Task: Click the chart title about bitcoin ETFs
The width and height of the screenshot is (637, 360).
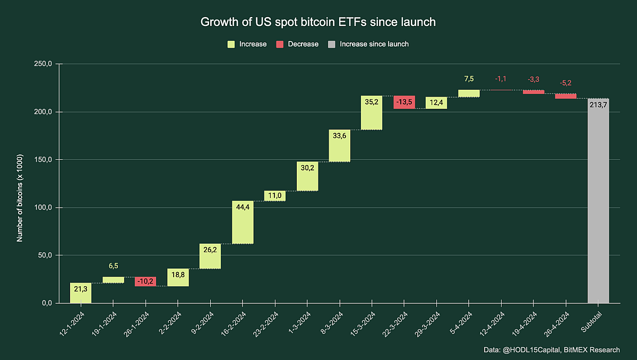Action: pos(318,22)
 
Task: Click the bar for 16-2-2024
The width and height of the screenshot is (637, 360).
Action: pos(243,222)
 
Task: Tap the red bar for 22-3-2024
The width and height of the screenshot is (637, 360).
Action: pos(404,102)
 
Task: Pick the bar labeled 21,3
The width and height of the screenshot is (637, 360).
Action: pos(81,293)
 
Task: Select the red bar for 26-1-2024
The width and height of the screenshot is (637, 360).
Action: pos(145,281)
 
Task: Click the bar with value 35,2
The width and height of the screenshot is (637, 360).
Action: pos(372,113)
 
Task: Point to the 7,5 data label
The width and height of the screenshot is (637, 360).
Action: pos(469,79)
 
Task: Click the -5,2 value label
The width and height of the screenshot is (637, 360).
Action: pos(566,83)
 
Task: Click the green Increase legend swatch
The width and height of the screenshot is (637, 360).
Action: pos(231,44)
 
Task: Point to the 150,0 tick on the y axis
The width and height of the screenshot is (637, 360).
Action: pos(43,160)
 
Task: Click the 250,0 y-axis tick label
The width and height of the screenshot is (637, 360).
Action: pos(43,64)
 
